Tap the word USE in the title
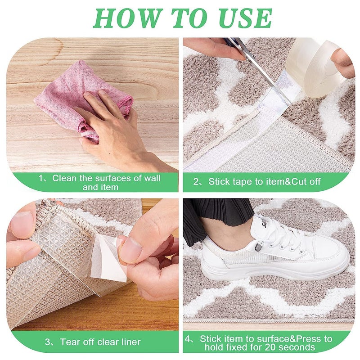click(245, 18)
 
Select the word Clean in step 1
click(64, 178)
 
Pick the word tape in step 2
click(243, 182)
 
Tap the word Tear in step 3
click(70, 342)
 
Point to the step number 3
click(48, 342)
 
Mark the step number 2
click(196, 182)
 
